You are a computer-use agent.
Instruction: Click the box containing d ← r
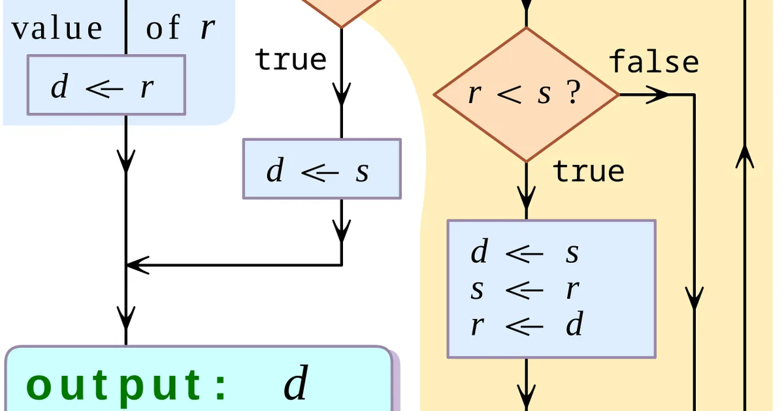[106, 85]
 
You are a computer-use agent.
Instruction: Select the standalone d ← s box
[322, 169]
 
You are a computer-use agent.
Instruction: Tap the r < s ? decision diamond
[527, 95]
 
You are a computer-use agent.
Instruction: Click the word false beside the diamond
[654, 62]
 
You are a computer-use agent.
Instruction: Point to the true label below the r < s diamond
[589, 172]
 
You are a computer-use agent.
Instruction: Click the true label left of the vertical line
[291, 59]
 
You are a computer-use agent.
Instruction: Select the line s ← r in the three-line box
[525, 289]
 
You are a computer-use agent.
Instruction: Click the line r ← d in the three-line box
[527, 324]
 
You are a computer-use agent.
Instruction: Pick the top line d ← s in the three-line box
[525, 252]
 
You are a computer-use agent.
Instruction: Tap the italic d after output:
[297, 382]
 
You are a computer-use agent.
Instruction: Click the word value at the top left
[57, 28]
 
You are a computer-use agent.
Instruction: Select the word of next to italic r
[163, 27]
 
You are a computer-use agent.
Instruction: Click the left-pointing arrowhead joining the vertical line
[138, 266]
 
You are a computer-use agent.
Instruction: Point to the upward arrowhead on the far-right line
[745, 157]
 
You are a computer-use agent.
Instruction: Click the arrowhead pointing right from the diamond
[657, 95]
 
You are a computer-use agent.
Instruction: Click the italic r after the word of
[208, 28]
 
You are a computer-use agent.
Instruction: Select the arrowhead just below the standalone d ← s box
[342, 232]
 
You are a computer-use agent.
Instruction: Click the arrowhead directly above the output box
[126, 318]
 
